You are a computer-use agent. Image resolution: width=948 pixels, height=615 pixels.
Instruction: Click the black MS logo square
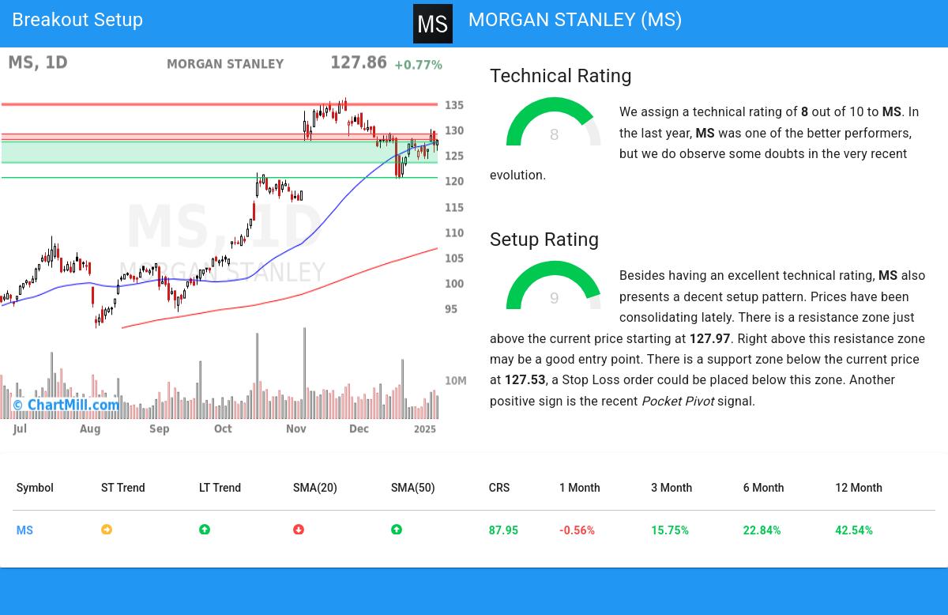pyautogui.click(x=433, y=24)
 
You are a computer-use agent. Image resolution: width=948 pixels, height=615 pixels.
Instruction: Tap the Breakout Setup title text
pyautogui.click(x=77, y=20)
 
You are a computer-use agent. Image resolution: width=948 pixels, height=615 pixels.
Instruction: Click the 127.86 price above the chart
pyautogui.click(x=358, y=63)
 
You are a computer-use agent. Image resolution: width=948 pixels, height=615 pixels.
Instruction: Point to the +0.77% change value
pyautogui.click(x=418, y=65)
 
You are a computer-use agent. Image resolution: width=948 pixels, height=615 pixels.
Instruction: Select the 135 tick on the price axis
pyautogui.click(x=454, y=105)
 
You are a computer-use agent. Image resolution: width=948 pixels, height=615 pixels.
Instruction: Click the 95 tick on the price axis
pyautogui.click(x=451, y=309)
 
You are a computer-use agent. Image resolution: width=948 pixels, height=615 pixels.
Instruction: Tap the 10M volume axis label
pyautogui.click(x=456, y=381)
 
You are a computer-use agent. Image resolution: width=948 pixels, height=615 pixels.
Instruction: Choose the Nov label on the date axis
pyautogui.click(x=295, y=428)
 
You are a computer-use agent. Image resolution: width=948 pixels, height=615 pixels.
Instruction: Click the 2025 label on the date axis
pyautogui.click(x=425, y=428)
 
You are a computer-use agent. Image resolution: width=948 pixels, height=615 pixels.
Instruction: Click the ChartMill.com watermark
pyautogui.click(x=66, y=405)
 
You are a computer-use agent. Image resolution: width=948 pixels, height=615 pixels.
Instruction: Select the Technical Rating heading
pyautogui.click(x=560, y=76)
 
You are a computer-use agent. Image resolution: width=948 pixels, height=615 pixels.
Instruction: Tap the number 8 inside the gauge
pyautogui.click(x=554, y=135)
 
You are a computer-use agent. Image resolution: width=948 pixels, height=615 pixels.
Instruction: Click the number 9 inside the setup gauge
pyautogui.click(x=554, y=299)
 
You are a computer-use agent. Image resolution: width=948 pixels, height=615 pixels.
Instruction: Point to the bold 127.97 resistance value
pyautogui.click(x=709, y=338)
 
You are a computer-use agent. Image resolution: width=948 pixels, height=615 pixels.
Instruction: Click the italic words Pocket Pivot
pyautogui.click(x=678, y=402)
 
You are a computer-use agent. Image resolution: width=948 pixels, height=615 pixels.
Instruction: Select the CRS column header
pyautogui.click(x=499, y=488)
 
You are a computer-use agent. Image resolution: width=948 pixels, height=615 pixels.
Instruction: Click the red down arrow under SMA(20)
pyautogui.click(x=299, y=530)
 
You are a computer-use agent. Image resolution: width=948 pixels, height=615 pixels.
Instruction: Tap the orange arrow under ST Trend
pyautogui.click(x=107, y=530)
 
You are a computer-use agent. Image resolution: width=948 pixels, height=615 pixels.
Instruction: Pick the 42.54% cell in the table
pyautogui.click(x=854, y=530)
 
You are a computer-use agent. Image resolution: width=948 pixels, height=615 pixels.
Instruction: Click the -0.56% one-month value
pyautogui.click(x=577, y=530)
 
